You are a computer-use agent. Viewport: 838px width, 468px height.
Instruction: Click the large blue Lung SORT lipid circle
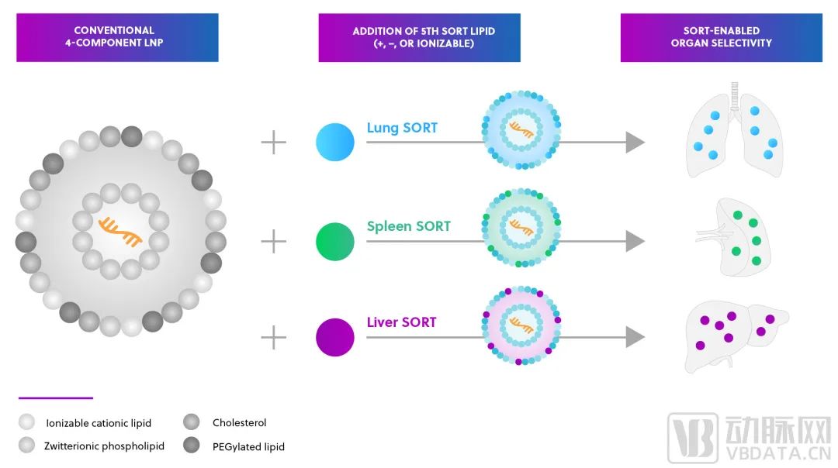point(335,142)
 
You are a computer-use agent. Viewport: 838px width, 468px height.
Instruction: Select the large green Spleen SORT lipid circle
point(335,241)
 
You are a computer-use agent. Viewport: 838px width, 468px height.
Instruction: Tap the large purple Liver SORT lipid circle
point(335,337)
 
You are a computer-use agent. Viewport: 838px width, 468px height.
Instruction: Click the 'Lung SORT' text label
point(402,128)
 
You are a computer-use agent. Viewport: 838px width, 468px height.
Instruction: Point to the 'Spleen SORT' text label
point(408,226)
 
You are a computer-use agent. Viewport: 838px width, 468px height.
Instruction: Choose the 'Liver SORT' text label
point(401,322)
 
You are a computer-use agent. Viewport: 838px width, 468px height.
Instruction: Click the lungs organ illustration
point(735,131)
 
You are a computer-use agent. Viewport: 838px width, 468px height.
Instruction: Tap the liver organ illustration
point(736,336)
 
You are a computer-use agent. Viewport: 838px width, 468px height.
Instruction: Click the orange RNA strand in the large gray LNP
point(120,232)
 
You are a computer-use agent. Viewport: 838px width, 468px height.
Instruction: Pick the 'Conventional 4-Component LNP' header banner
point(118,37)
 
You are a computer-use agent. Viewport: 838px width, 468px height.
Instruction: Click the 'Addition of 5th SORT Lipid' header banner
point(420,37)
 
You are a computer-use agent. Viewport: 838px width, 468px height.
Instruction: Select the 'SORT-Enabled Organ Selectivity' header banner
point(722,37)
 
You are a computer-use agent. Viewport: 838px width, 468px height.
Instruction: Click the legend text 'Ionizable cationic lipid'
point(99,423)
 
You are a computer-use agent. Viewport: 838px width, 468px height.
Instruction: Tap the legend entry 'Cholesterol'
point(224,422)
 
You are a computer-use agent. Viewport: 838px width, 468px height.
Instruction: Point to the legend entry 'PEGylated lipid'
point(234,446)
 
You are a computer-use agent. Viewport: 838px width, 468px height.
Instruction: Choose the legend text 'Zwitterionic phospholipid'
point(104,446)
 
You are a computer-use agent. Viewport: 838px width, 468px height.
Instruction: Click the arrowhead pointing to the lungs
point(635,143)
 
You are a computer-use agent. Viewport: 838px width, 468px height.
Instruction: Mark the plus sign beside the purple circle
point(274,337)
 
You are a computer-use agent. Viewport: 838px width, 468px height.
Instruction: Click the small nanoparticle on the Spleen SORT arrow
point(521,228)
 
